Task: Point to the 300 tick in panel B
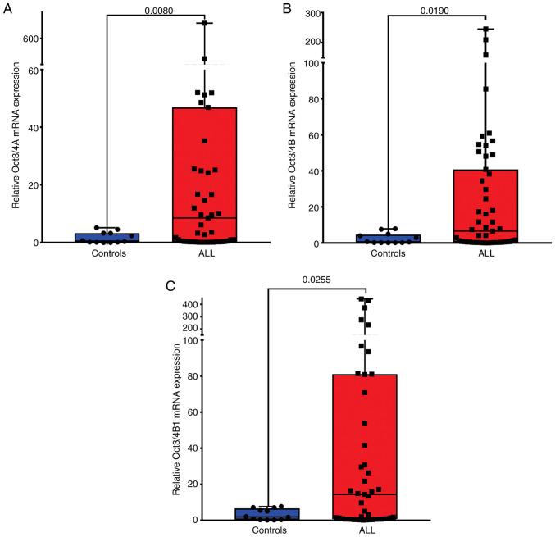pyautogui.click(x=311, y=15)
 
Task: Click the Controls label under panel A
pyautogui.click(x=107, y=253)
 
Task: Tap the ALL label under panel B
pyautogui.click(x=485, y=254)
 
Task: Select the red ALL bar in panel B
pyautogui.click(x=485, y=206)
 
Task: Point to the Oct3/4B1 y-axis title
pyautogui.click(x=175, y=422)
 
